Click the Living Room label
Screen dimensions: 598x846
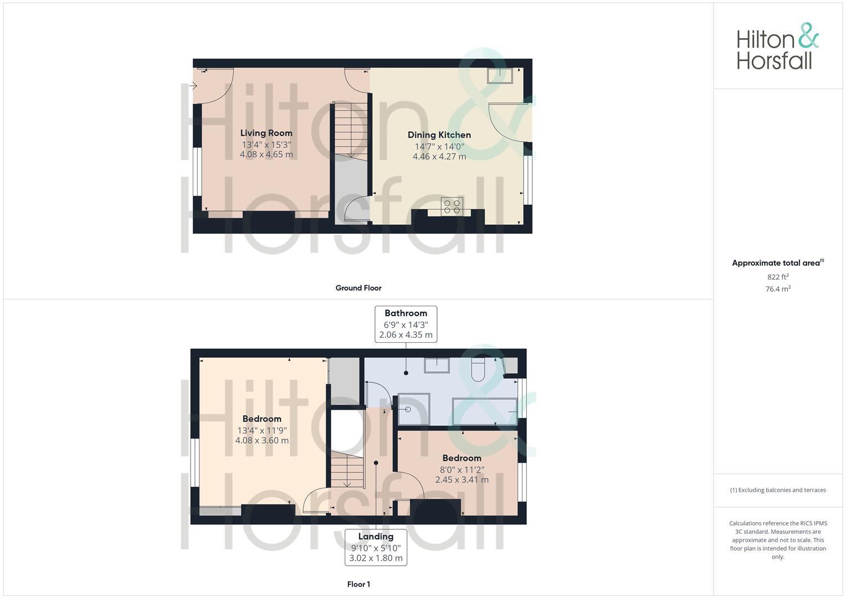266,133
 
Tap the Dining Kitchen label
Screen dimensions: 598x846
439,135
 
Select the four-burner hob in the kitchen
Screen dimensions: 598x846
452,206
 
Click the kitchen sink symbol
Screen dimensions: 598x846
500,75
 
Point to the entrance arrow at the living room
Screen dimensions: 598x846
193,86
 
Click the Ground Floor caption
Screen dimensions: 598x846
358,288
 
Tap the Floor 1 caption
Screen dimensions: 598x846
358,584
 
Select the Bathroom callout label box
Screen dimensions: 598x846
406,324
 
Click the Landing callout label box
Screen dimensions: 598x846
376,547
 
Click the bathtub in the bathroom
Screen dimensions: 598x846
485,411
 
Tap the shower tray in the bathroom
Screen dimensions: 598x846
413,409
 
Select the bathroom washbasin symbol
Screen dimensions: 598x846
437,365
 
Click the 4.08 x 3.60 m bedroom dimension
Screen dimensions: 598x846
262,441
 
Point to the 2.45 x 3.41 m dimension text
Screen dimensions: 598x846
462,480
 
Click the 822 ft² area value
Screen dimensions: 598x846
777,277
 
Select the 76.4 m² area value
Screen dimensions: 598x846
777,289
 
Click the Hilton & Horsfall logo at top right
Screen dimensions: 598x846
777,47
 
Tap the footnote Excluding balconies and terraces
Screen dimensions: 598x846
777,490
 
